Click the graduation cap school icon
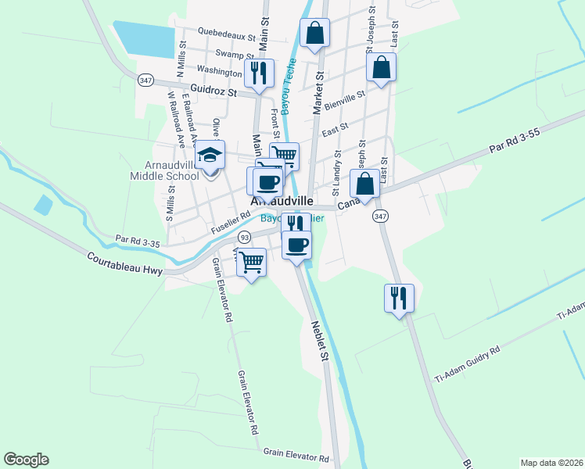click(x=210, y=155)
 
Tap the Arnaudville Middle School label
click(x=165, y=171)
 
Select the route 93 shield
click(x=245, y=236)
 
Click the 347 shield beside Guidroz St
click(x=145, y=81)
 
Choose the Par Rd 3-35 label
click(x=137, y=241)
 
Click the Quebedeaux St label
click(x=226, y=36)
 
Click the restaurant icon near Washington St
click(x=259, y=73)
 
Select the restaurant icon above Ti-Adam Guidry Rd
click(x=399, y=297)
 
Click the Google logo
click(x=26, y=460)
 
